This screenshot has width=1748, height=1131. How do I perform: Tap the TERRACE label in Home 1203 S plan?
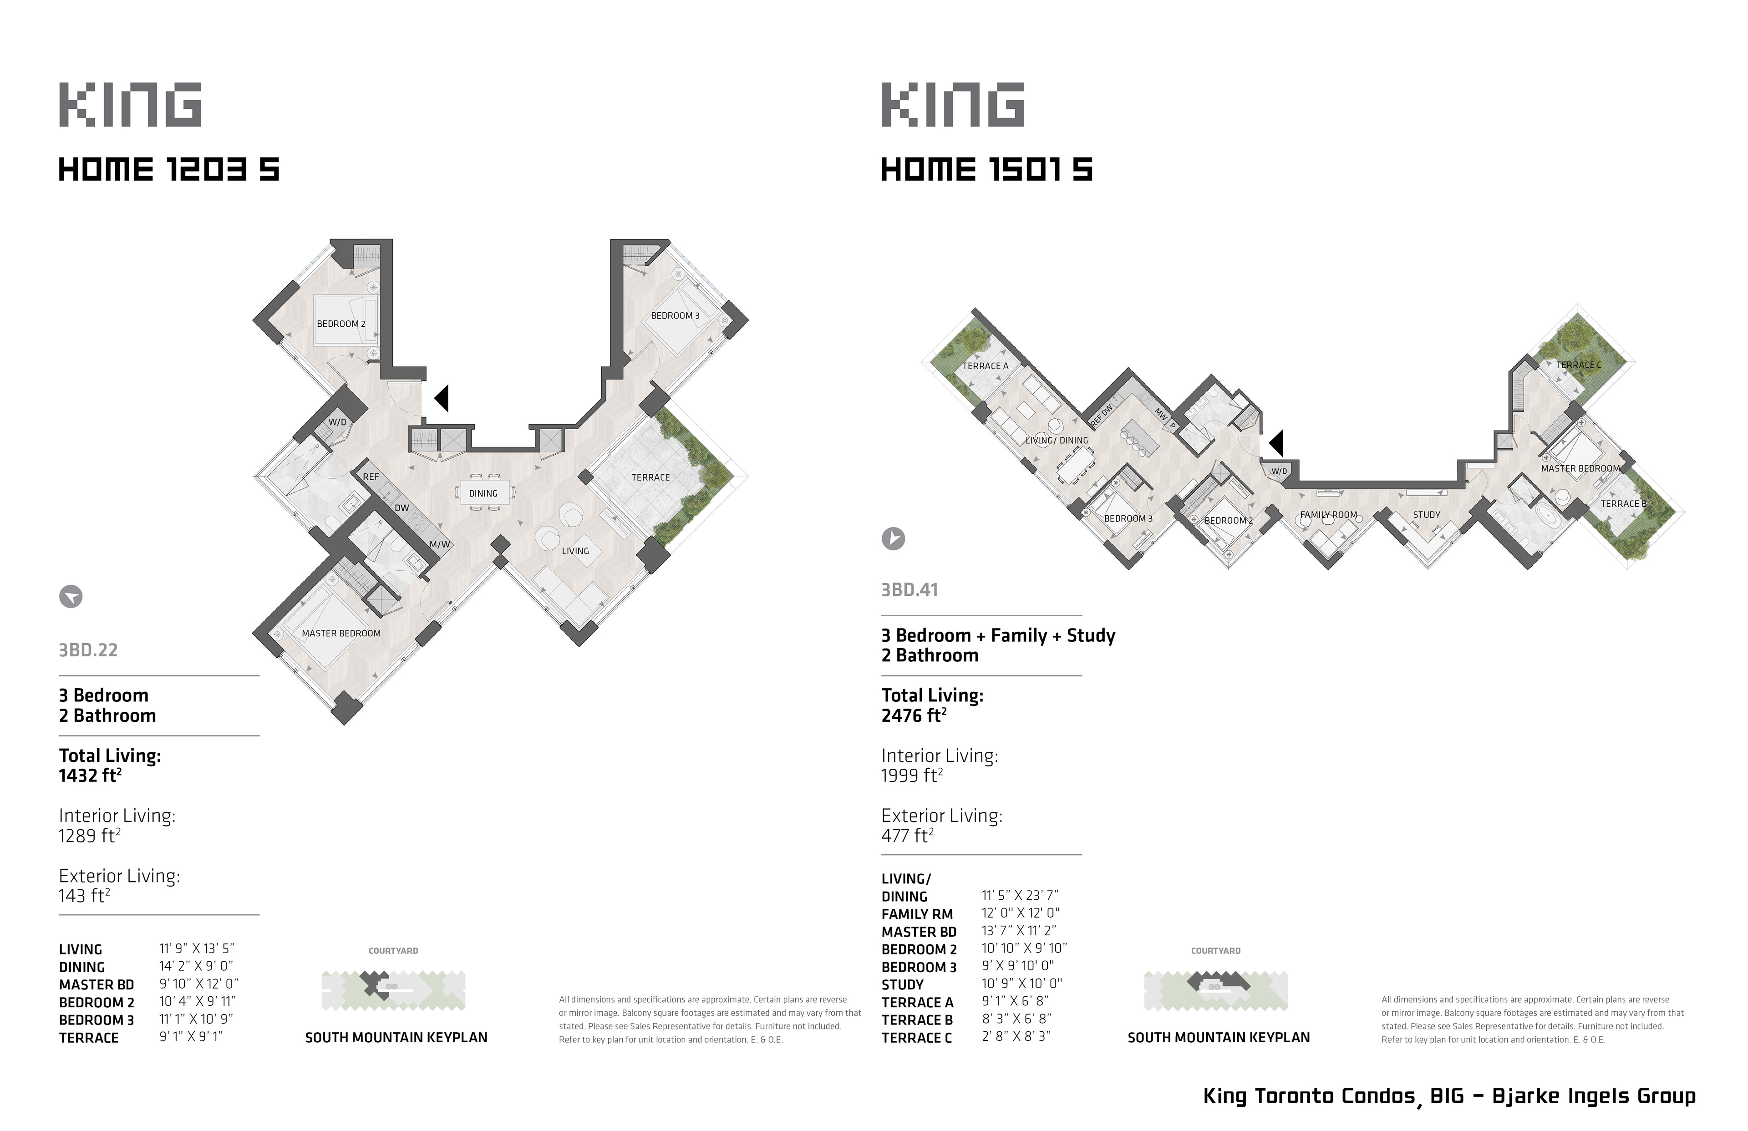pos(651,477)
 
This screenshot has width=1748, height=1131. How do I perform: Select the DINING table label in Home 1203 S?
pos(483,493)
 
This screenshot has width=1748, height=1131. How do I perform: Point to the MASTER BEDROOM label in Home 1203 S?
pos(341,633)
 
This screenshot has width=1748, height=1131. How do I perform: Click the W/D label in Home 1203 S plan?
pos(337,422)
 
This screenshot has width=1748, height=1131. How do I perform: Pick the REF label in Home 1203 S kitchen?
pos(371,477)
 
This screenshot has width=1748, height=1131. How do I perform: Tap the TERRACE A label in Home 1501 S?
pos(986,366)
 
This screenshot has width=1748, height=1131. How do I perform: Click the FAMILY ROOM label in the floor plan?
pos(1329,515)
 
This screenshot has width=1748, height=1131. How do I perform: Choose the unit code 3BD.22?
pos(88,650)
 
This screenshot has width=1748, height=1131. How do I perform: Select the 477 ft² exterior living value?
pos(908,836)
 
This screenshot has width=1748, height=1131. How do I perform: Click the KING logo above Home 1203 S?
pos(130,104)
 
